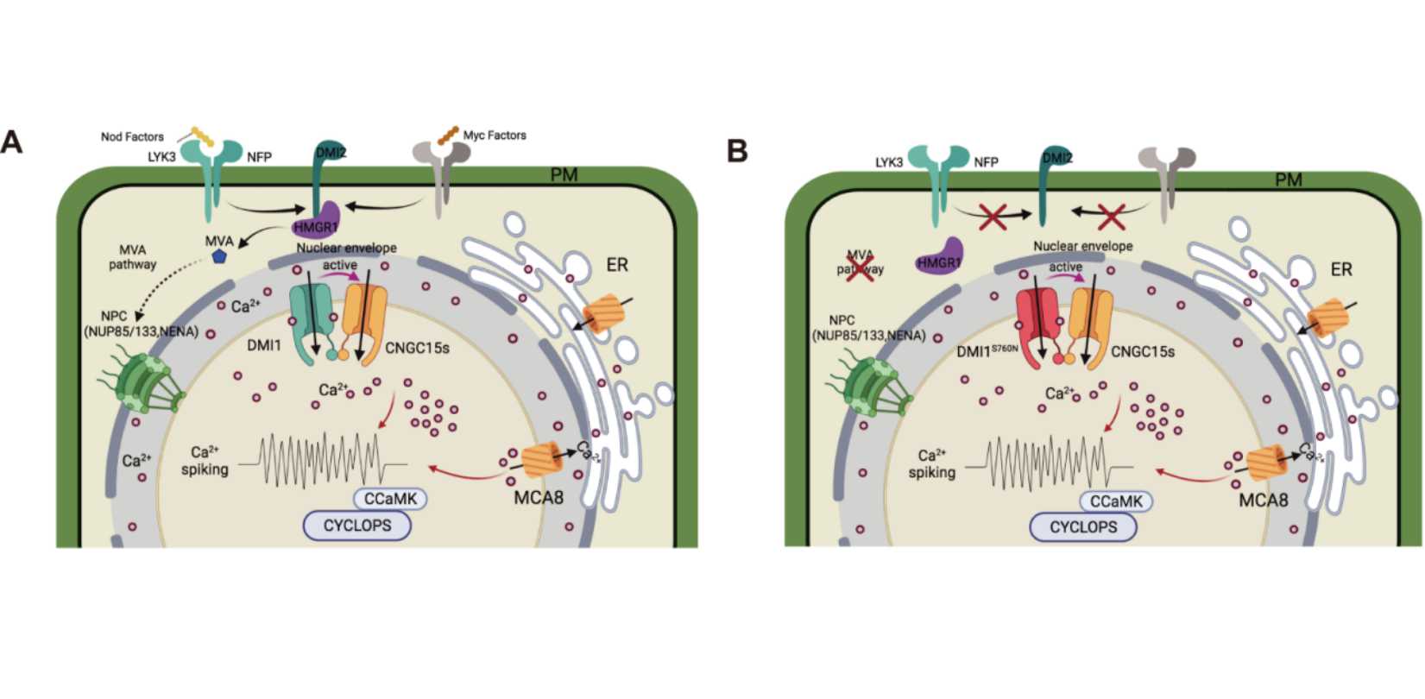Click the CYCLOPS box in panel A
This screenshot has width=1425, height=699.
tap(357, 525)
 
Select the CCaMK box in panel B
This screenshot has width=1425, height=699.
tap(1116, 501)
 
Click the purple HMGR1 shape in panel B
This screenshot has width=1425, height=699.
tap(939, 256)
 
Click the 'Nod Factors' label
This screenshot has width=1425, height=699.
tap(132, 136)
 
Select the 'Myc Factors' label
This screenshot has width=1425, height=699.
tap(495, 135)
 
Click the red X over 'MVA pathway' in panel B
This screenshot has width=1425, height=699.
tap(860, 261)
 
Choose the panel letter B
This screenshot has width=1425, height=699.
tap(737, 151)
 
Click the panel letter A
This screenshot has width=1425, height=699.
tap(12, 142)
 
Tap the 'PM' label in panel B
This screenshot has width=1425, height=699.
tap(1289, 179)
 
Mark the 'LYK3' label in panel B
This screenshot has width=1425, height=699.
tap(889, 161)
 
